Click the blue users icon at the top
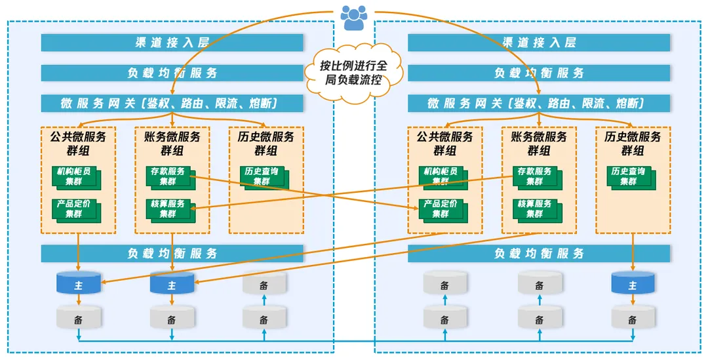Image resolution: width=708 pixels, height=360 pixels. coord(354,16)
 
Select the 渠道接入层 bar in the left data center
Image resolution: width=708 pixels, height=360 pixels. coord(172,43)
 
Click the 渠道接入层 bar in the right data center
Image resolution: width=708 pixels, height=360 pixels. coord(539,43)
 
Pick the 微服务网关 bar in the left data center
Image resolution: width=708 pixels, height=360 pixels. coord(172,103)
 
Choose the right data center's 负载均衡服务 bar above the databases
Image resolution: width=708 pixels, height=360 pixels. coord(539,254)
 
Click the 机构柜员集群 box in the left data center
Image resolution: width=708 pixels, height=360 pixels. coord(75,176)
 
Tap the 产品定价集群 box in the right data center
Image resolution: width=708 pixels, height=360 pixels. coord(442,209)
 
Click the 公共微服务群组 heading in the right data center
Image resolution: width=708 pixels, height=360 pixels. coord(444,144)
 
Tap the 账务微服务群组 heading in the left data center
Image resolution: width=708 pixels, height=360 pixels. coord(172,144)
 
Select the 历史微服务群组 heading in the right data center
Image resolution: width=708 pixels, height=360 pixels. coord(633,144)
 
